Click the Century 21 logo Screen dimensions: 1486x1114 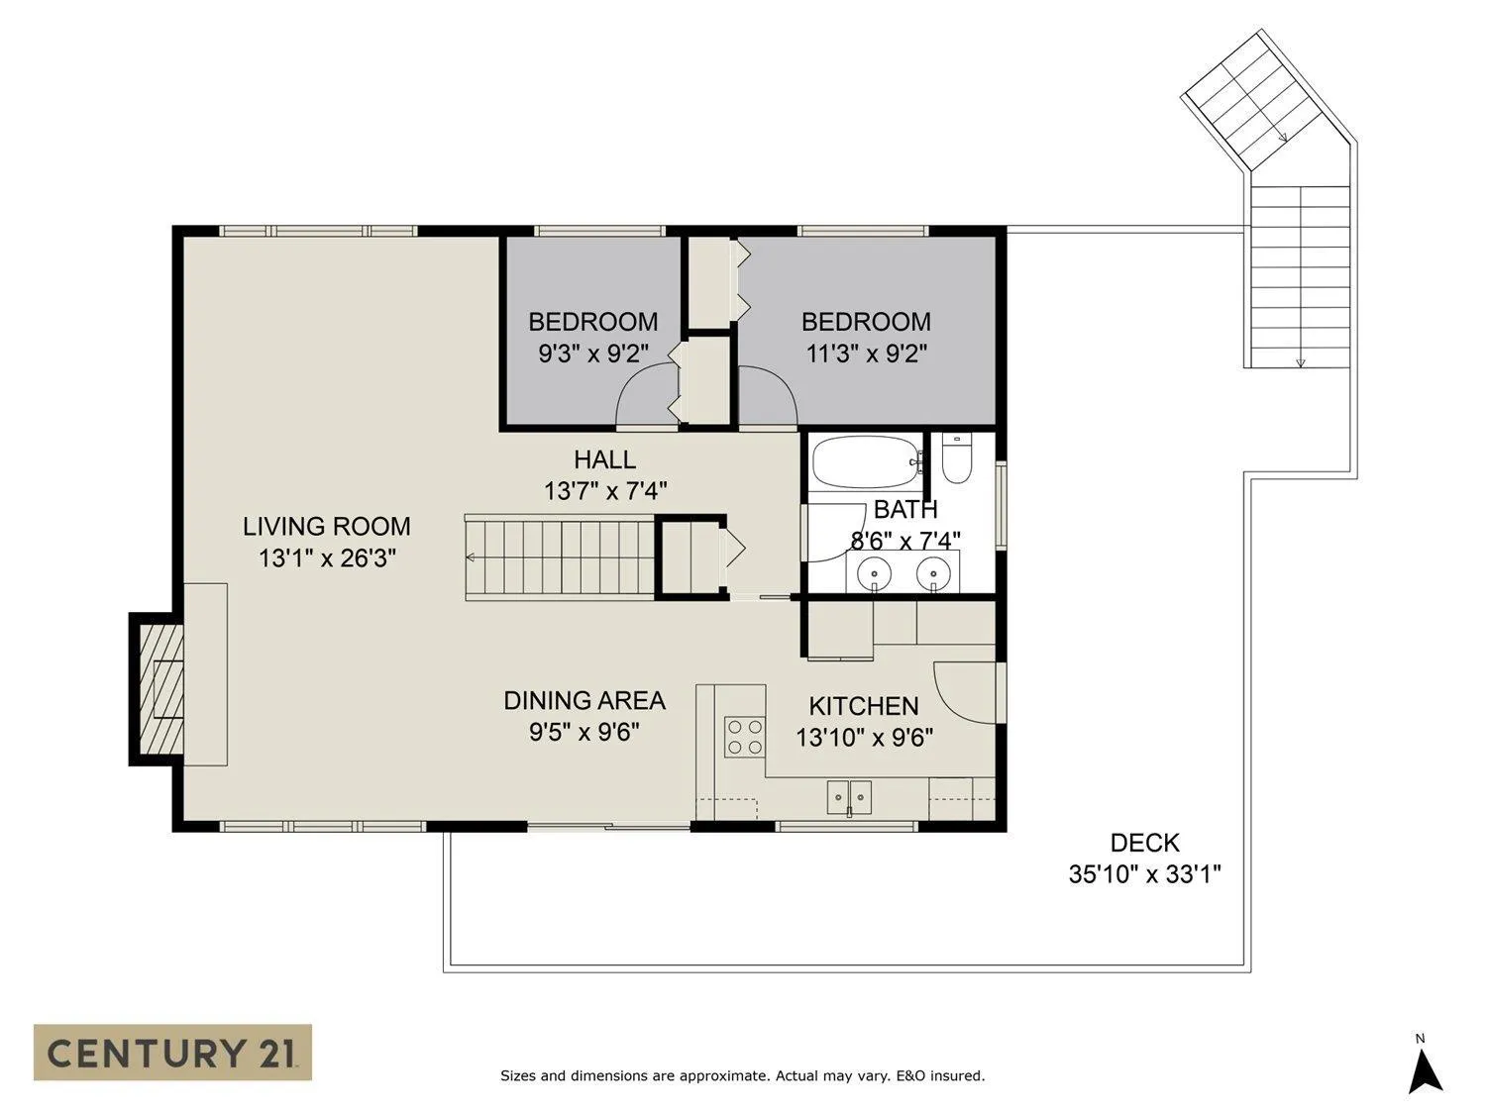pos(172,1052)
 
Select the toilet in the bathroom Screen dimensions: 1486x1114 pos(957,458)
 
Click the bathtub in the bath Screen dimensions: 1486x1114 pos(868,462)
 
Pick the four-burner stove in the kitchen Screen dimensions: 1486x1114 pos(745,737)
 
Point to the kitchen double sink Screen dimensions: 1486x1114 pos(849,797)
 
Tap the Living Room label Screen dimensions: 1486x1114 pos(326,526)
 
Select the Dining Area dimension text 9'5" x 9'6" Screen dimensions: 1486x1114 pos(584,732)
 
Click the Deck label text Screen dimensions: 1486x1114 pos(1145,843)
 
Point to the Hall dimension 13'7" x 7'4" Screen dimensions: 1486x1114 pos(605,490)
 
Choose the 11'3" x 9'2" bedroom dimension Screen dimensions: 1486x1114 pos(866,354)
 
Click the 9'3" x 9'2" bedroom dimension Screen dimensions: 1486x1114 pos(593,354)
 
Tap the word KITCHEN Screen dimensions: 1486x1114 pos(864,706)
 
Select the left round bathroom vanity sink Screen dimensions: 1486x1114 pos(874,573)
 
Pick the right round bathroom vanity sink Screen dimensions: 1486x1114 pos(933,573)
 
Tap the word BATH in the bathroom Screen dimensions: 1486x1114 pos(905,509)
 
